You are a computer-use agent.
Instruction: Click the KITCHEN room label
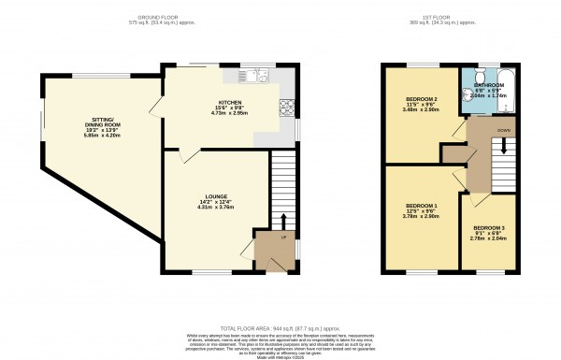point(229,104)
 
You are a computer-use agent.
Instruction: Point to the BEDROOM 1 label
point(422,205)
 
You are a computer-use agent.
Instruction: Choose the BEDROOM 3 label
point(487,227)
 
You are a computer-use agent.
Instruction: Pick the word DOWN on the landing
point(504,130)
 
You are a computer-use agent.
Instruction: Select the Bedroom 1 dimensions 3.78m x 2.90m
point(422,218)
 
